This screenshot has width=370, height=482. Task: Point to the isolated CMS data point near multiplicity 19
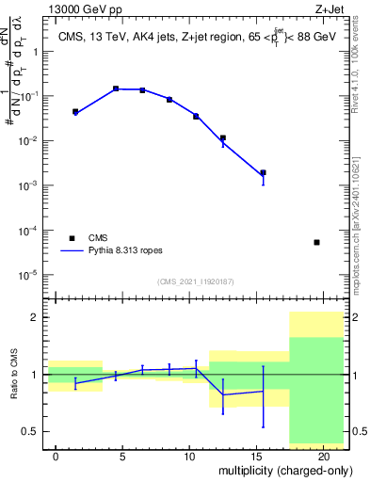[x=316, y=242]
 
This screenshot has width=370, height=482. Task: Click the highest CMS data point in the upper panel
[x=116, y=88]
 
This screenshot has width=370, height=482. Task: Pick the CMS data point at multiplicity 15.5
[x=263, y=172]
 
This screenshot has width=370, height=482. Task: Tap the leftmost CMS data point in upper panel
[x=75, y=111]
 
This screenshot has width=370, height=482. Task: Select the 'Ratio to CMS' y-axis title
[x=15, y=375]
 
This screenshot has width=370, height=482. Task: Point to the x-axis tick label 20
[x=323, y=456]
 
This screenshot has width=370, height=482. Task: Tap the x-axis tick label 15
[x=256, y=456]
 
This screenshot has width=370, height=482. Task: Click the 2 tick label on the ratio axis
[x=36, y=317]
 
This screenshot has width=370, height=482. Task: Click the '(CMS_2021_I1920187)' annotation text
[x=195, y=281]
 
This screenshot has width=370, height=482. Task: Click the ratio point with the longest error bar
[x=263, y=391]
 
